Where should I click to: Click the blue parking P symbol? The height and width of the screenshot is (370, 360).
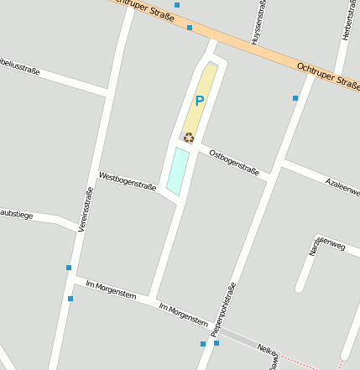(x=199, y=102)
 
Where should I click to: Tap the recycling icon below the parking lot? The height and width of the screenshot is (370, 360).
(x=189, y=138)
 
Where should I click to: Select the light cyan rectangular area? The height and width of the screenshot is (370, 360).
(x=177, y=170)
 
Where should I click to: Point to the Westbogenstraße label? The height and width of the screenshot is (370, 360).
(x=128, y=181)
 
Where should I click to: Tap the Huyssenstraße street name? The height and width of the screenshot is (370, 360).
(x=258, y=23)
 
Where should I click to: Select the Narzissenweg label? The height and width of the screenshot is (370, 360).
(x=326, y=247)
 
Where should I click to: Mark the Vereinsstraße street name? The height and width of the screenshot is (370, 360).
(x=86, y=210)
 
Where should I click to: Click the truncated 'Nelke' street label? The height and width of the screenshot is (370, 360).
(x=267, y=350)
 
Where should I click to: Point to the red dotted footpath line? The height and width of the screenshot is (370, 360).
(x=310, y=366)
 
